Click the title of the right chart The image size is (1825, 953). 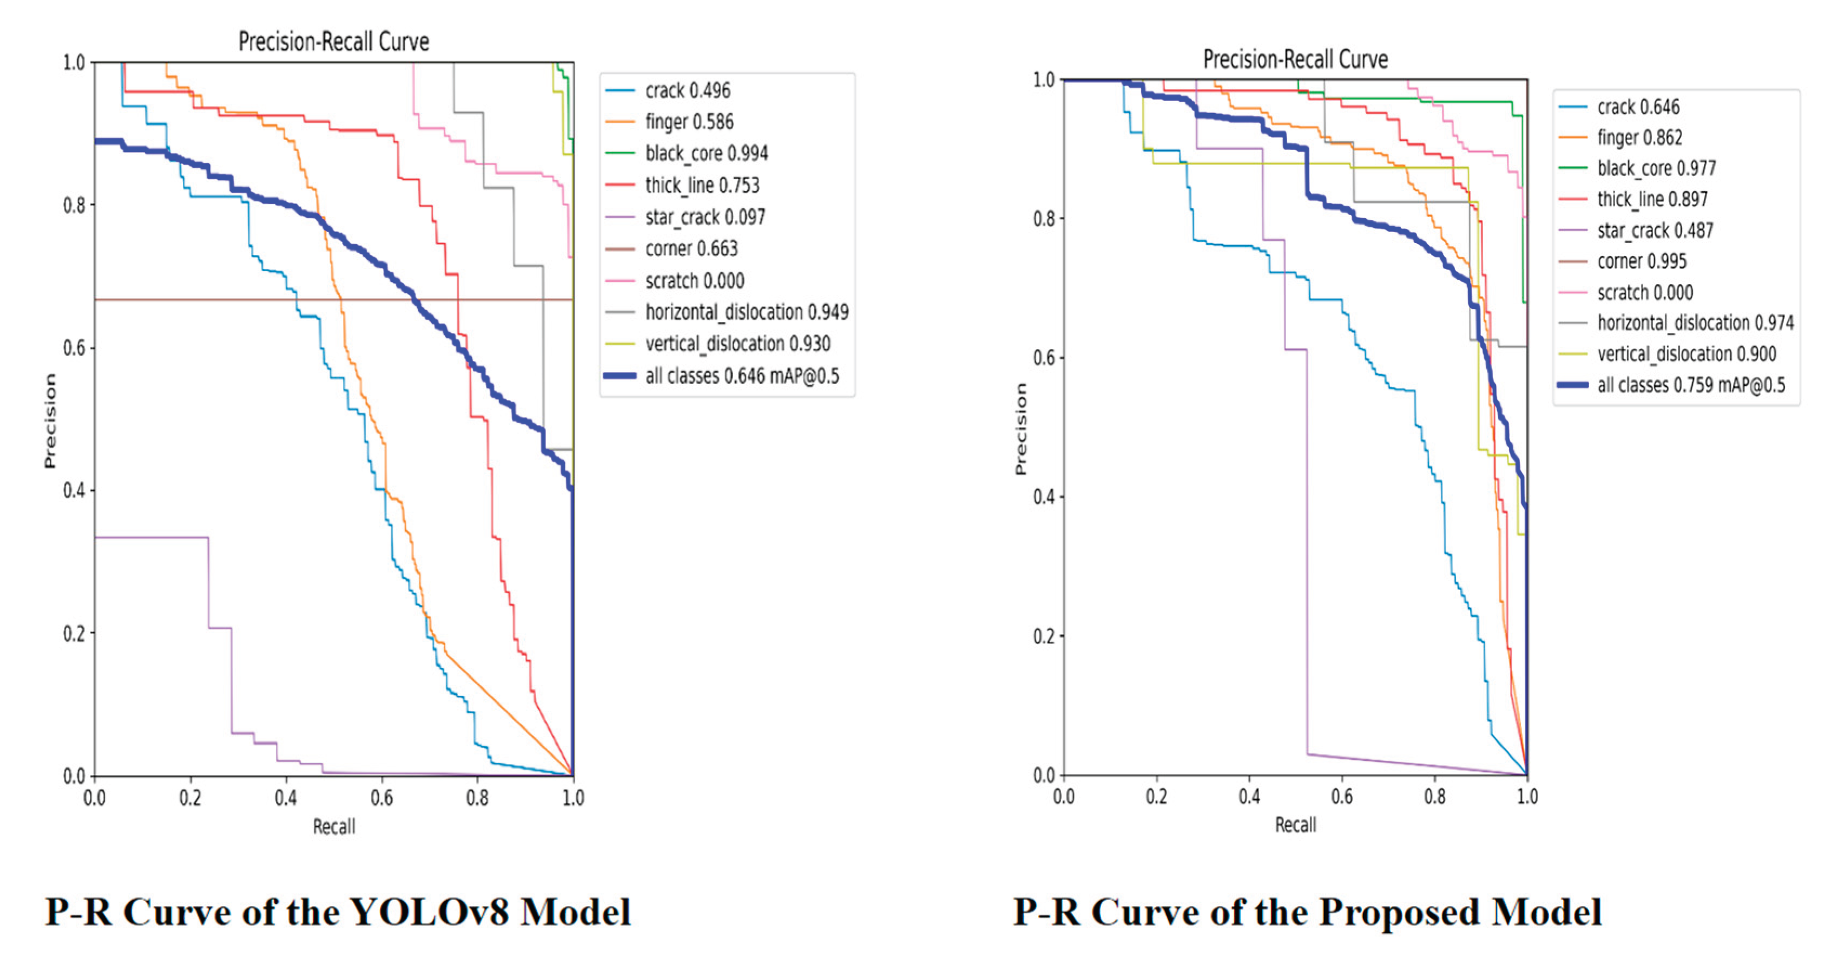click(x=1295, y=59)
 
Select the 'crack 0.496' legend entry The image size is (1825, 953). click(x=687, y=91)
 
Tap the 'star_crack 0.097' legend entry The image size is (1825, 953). click(x=705, y=217)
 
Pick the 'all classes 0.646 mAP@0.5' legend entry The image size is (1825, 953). click(x=742, y=376)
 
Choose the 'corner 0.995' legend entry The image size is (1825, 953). click(x=1642, y=261)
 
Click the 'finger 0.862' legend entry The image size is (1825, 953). click(x=1639, y=137)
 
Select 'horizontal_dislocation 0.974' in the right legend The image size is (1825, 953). click(x=1695, y=323)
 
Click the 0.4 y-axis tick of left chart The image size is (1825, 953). click(x=74, y=490)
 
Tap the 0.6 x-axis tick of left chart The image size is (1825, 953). click(x=382, y=799)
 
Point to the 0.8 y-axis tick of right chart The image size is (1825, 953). click(x=1044, y=218)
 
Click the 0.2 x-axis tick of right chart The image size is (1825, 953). click(x=1156, y=797)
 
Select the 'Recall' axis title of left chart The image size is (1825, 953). click(x=334, y=827)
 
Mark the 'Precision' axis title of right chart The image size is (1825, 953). click(x=1021, y=429)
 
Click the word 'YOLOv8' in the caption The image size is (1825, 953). click(x=429, y=912)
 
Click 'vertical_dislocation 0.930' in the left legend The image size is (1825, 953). click(x=737, y=344)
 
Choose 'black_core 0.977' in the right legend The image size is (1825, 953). click(x=1656, y=169)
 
